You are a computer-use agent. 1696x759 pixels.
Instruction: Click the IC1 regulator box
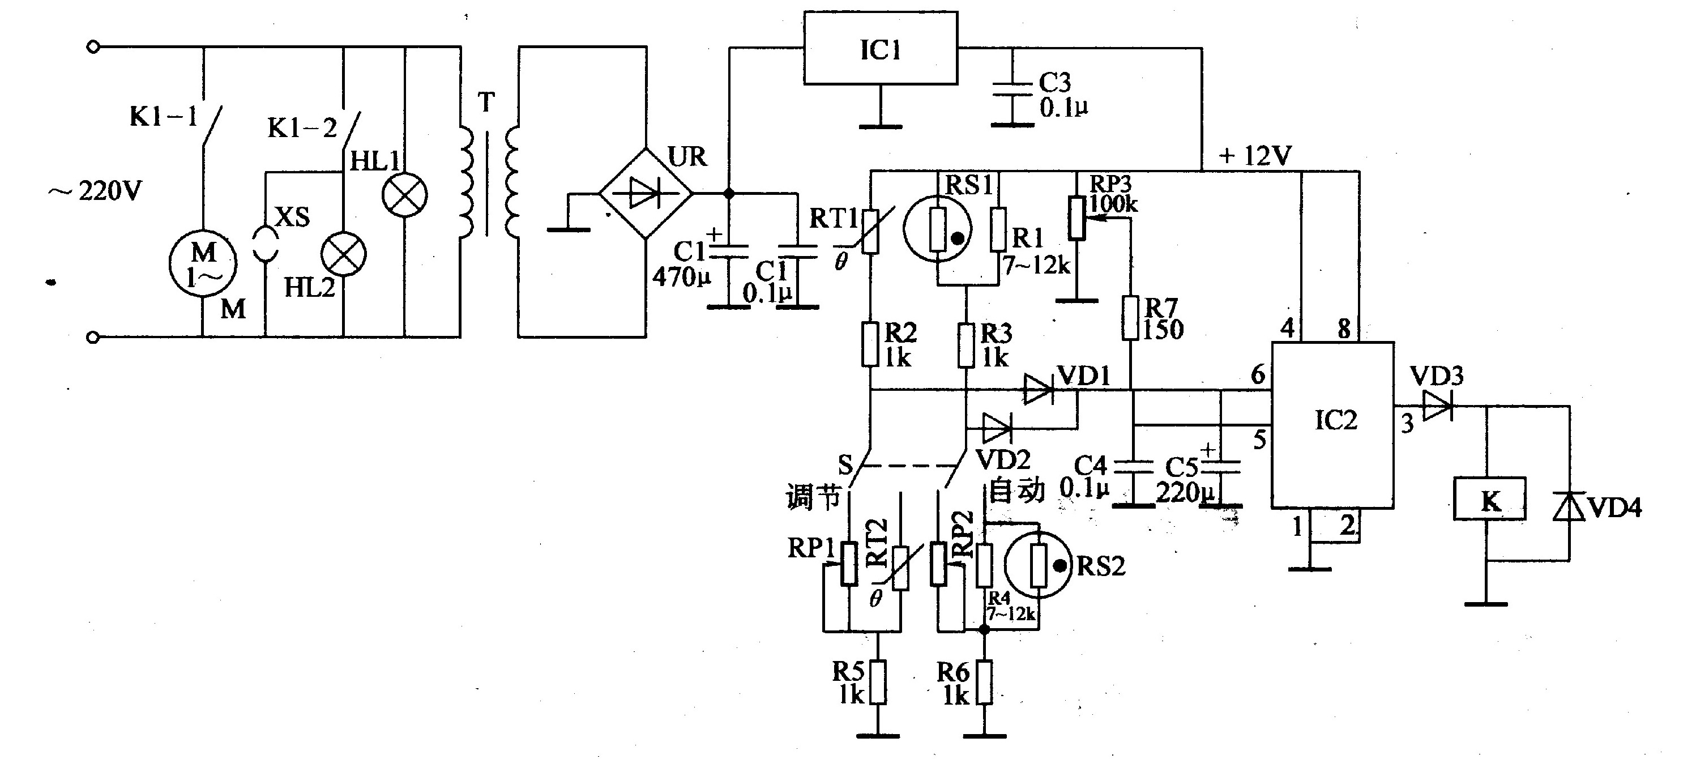(880, 48)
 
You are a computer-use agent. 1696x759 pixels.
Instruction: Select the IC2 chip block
(1332, 425)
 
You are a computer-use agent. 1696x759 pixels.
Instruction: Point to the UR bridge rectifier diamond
(645, 194)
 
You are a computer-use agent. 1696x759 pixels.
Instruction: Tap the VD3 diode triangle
(1438, 406)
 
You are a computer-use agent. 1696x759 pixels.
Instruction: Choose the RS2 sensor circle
(1039, 565)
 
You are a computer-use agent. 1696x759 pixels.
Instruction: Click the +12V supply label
(1254, 156)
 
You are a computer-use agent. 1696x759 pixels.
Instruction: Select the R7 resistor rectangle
(1130, 318)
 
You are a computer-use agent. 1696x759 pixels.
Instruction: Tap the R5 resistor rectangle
(877, 682)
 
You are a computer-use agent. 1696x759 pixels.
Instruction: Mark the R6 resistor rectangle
(984, 682)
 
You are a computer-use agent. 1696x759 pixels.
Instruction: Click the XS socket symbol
(264, 244)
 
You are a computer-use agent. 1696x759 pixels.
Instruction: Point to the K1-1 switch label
(164, 117)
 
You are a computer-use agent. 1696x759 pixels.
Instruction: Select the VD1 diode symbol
(1039, 390)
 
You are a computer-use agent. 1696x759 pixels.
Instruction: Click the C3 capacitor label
(1055, 82)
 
